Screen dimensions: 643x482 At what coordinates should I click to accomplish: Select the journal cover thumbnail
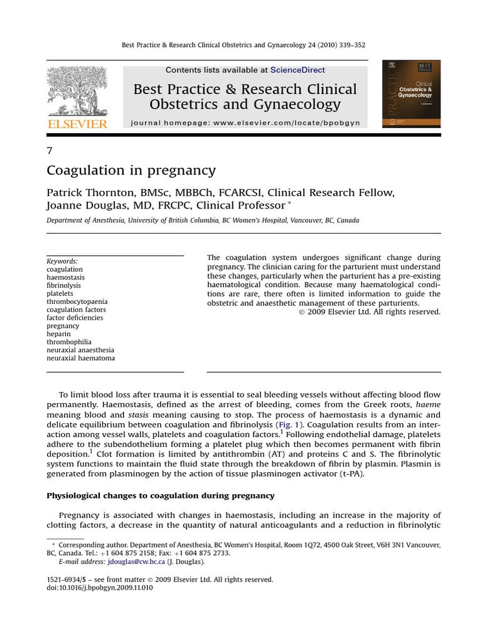click(x=411, y=94)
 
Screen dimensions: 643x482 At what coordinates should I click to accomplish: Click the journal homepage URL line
click(x=245, y=123)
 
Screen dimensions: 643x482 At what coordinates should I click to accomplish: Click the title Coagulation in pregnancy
click(x=131, y=170)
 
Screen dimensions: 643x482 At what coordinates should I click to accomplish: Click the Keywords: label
click(x=63, y=261)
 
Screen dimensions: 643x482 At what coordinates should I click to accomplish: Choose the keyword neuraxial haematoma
click(x=81, y=358)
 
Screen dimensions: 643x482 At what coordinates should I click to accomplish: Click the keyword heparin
click(x=59, y=334)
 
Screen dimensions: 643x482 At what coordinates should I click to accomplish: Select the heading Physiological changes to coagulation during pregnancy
click(x=161, y=495)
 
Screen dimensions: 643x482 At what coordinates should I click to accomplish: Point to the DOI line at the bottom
click(x=100, y=588)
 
